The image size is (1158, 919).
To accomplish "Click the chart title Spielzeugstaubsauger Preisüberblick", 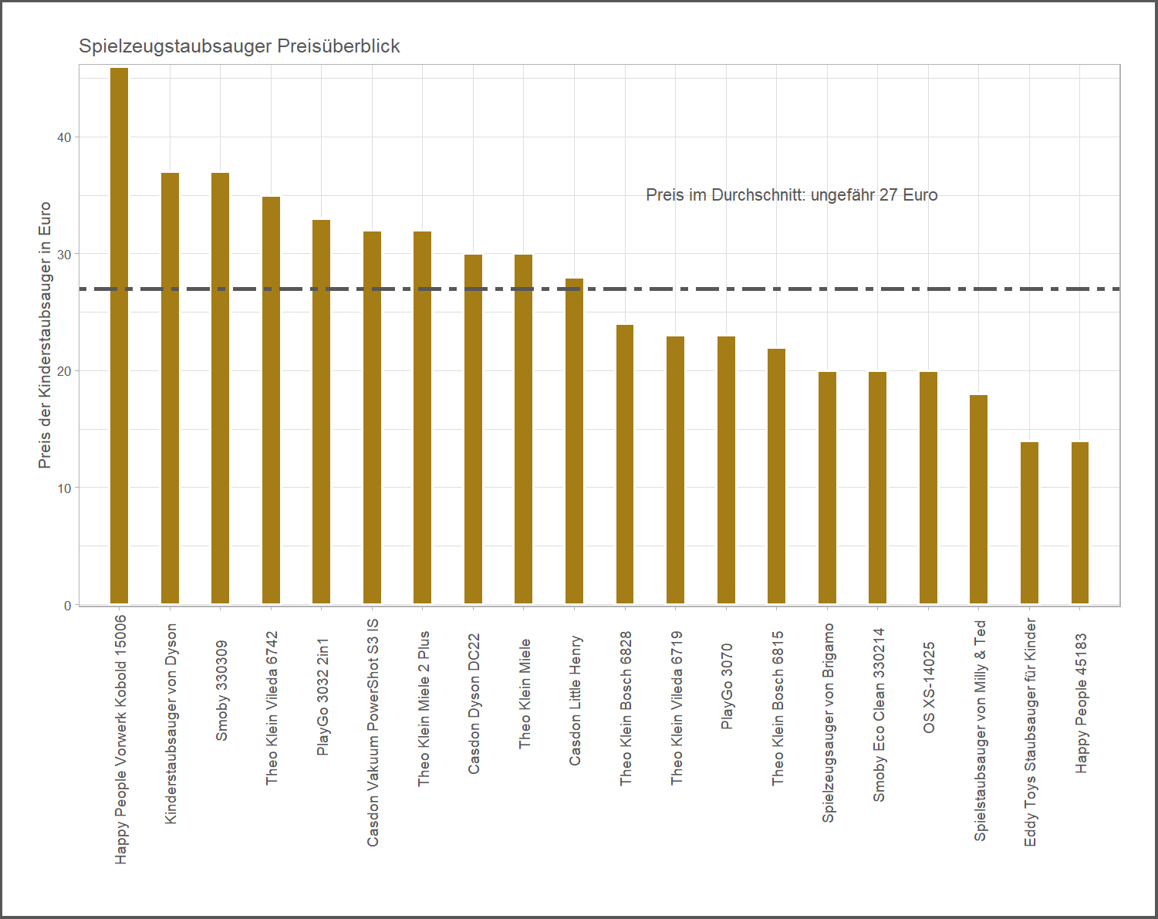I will (239, 46).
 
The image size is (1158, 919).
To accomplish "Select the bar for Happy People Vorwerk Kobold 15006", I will (119, 336).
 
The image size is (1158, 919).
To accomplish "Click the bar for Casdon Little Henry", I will (574, 441).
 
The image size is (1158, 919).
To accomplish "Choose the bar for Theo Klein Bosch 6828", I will (625, 464).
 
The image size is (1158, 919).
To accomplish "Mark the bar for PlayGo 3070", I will (726, 470).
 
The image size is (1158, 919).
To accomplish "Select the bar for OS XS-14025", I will (928, 488).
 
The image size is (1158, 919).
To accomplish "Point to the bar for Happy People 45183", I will (1080, 522).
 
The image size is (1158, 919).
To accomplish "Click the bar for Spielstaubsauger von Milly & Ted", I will (978, 499).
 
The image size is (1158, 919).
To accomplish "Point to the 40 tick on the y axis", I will (64, 137).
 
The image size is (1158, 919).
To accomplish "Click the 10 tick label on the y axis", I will (64, 488).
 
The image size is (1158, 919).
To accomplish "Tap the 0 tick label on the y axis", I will (68, 606).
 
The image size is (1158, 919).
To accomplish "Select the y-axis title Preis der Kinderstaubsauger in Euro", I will (45, 335).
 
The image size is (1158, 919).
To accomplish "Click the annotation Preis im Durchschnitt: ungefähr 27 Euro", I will (792, 195).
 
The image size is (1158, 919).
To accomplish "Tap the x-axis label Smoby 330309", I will (222, 690).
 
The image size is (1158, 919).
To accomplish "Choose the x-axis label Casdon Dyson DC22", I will (474, 704).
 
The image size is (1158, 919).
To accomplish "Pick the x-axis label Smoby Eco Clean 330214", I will (879, 715).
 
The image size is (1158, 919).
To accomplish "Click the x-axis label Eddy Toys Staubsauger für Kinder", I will (1030, 731).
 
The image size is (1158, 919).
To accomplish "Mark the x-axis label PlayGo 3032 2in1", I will (323, 696).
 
